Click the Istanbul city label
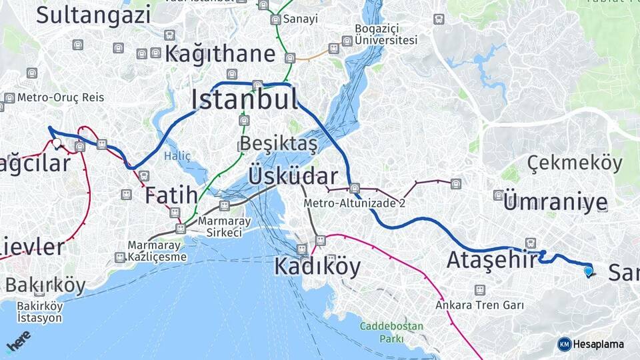click(244, 100)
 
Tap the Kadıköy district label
click(317, 267)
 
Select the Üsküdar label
click(293, 177)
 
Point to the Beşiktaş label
click(279, 143)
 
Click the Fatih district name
click(171, 195)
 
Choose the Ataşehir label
click(491, 259)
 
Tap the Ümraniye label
click(555, 203)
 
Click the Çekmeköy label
click(575, 163)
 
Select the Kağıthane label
click(220, 53)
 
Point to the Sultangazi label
click(93, 15)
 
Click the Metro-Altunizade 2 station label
click(354, 203)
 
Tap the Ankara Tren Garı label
click(479, 305)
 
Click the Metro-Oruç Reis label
click(61, 97)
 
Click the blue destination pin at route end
click(588, 271)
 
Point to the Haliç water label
click(177, 156)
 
